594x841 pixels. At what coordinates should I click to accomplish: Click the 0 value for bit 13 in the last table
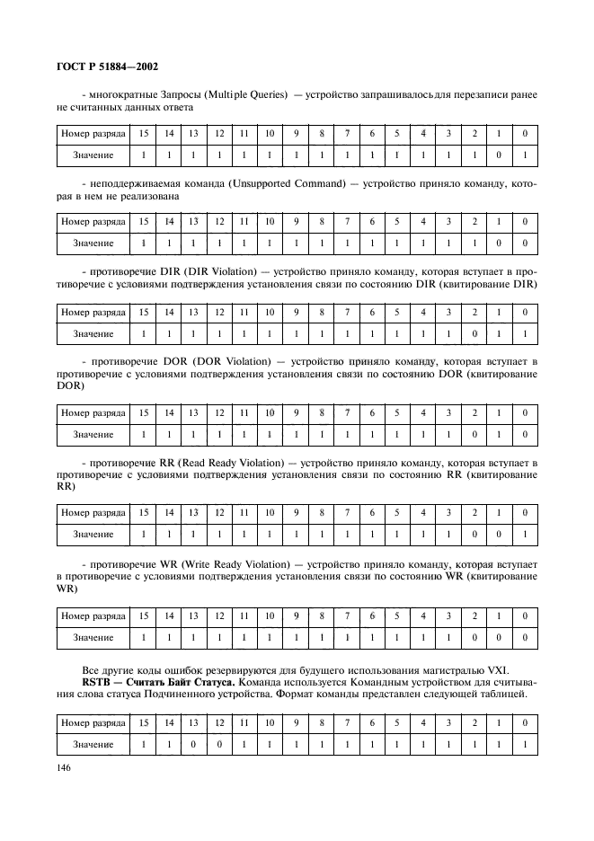[x=192, y=745]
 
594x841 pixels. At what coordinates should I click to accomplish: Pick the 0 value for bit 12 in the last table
[x=218, y=745]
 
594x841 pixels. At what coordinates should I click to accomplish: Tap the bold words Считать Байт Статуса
[x=172, y=682]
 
